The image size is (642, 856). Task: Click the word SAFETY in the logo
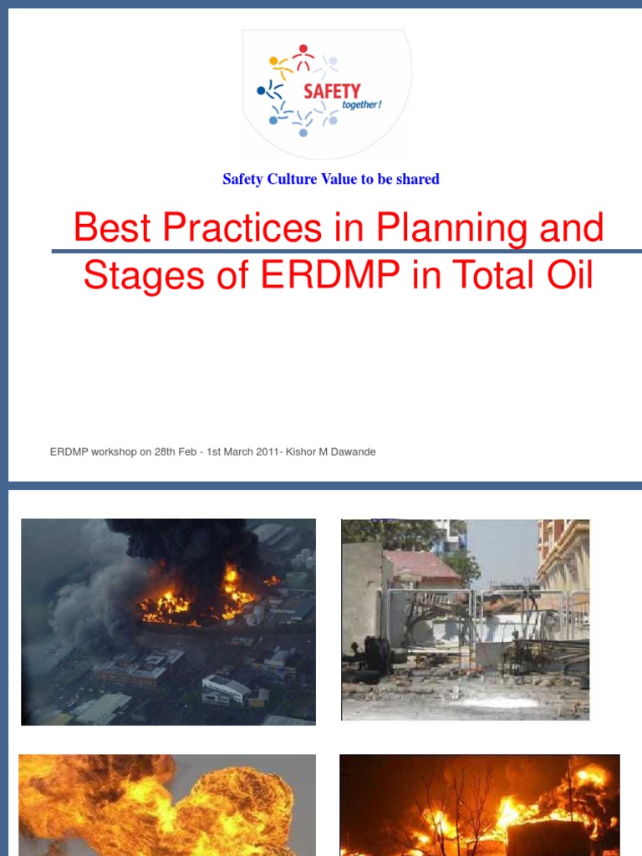point(332,90)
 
